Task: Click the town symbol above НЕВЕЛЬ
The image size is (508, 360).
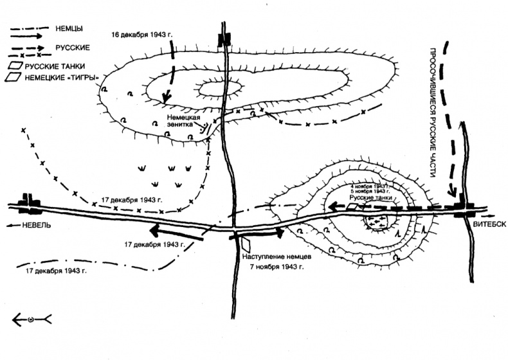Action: (28, 204)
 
